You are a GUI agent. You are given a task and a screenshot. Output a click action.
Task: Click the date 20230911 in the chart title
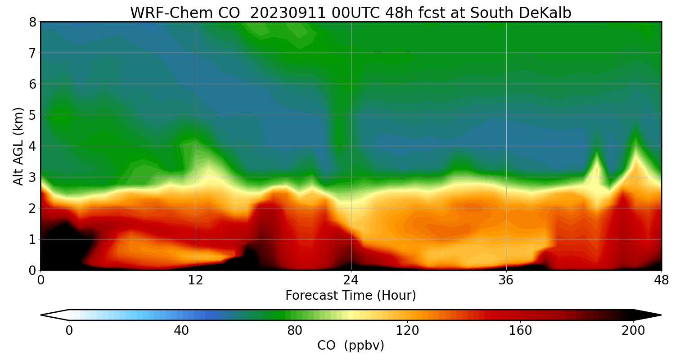coord(288,13)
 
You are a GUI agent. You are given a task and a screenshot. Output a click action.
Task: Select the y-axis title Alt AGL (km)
coord(18,146)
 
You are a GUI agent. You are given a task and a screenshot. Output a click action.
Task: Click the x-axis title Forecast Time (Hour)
coord(351,296)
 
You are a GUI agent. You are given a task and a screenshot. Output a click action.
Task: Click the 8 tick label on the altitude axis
coord(32,22)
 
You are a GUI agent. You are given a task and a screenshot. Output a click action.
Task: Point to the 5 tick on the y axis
coord(32,115)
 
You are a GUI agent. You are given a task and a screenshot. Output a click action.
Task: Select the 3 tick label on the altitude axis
coord(32,177)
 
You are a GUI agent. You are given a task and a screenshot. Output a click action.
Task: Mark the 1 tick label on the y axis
coord(32,239)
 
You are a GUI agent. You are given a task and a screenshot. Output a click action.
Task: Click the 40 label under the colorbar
coord(181,331)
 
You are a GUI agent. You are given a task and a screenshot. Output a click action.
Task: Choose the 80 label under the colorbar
coord(295,331)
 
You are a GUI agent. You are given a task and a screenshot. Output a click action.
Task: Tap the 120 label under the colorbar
coord(408,331)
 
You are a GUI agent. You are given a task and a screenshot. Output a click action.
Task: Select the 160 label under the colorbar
coord(521,331)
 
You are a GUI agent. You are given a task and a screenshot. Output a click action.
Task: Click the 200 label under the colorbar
coord(633,331)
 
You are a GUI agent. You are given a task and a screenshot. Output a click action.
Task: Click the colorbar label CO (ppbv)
coord(351,346)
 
